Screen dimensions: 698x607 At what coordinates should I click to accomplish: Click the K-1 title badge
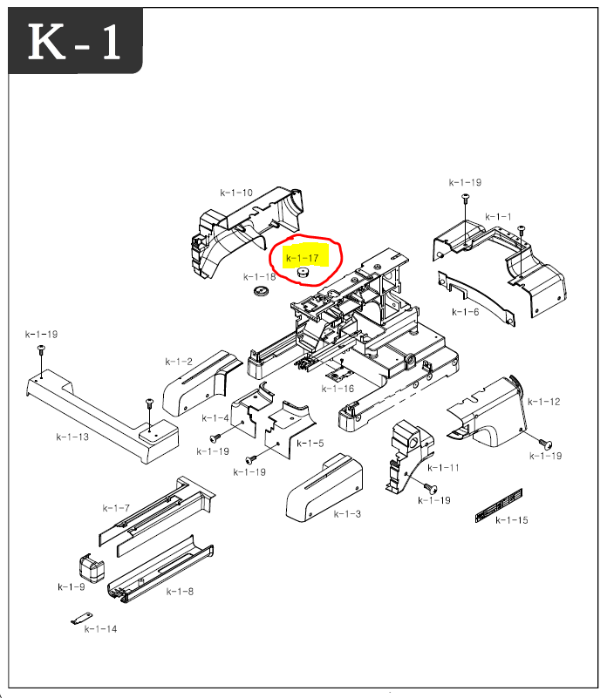coord(75,42)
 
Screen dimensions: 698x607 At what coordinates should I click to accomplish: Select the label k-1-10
coord(235,193)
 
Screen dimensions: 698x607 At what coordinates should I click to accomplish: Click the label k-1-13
coord(72,437)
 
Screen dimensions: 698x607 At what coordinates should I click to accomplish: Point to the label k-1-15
coord(512,521)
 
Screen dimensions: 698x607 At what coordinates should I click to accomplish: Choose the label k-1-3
coord(347,514)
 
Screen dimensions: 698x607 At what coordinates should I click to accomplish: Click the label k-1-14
coord(100,629)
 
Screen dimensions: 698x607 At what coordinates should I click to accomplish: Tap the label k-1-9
coord(72,586)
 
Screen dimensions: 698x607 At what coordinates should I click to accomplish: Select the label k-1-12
coord(543,402)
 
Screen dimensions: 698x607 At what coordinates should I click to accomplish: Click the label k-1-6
coord(465,311)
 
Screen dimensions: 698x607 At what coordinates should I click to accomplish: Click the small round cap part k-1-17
coord(303,273)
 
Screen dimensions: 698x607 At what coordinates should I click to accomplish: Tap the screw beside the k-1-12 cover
coord(540,443)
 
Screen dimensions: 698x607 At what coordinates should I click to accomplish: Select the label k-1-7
coord(116,507)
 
